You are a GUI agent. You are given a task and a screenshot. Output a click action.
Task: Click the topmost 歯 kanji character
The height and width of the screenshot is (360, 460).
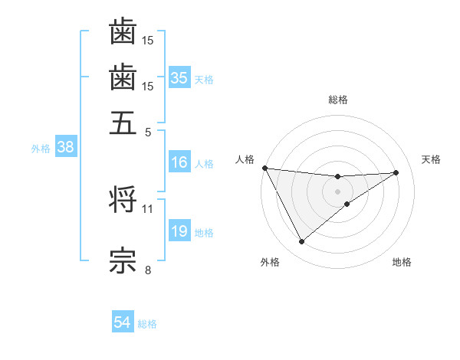point(123,32)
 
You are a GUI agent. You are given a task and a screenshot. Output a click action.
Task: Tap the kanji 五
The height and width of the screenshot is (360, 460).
point(123,123)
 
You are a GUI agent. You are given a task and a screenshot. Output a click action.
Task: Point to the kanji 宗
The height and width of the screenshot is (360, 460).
point(123,260)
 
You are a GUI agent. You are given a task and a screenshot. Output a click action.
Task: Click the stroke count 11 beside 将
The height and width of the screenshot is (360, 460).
point(148,208)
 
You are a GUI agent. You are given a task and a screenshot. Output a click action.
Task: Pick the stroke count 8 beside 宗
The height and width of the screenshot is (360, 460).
point(148,269)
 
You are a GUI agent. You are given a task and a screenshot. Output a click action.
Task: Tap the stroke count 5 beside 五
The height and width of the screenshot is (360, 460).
point(148,131)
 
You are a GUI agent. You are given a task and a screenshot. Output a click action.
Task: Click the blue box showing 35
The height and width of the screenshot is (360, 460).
point(179,78)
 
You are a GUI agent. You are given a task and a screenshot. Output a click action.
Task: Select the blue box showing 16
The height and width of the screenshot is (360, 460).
point(179,162)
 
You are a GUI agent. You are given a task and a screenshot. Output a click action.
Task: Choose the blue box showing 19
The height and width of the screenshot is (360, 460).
point(179,231)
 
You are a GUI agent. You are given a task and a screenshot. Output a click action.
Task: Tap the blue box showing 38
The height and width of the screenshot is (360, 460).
point(65,148)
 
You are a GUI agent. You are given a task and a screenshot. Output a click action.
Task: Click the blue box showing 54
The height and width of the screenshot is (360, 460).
point(123,323)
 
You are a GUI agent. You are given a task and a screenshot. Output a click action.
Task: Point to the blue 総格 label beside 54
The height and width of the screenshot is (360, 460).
point(147,324)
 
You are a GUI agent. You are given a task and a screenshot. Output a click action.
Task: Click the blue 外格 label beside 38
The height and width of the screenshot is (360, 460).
point(41,149)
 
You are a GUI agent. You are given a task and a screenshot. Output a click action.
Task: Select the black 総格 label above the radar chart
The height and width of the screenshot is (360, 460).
point(338,100)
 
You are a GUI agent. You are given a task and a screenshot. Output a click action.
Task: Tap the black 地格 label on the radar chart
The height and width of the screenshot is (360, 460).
point(402,262)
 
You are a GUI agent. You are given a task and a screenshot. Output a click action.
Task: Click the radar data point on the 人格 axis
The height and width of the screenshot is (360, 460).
point(264,168)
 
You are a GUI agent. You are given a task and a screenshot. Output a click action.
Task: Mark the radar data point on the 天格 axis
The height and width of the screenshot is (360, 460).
point(396,172)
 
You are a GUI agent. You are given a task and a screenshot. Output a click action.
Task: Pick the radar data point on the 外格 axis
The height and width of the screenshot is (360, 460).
point(301,242)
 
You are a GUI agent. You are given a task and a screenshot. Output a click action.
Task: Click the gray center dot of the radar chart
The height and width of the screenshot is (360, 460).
point(337,191)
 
